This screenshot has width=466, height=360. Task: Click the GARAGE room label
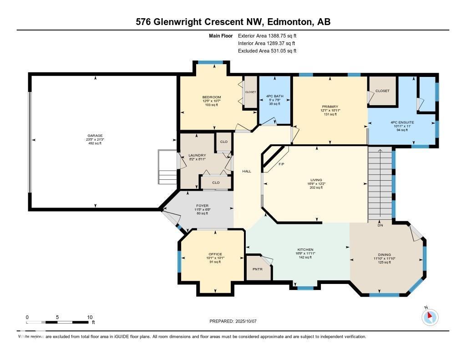(95, 136)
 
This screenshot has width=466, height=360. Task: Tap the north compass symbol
(430, 317)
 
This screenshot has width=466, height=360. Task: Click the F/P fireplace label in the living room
(282, 164)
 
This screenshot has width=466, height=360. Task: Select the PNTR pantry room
(257, 269)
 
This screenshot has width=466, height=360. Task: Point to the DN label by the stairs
(380, 225)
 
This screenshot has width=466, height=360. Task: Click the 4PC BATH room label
(275, 96)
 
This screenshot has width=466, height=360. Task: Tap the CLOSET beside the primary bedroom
(382, 91)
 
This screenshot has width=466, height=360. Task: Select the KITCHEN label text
(305, 250)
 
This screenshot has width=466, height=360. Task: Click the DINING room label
(384, 255)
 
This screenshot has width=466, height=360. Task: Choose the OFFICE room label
(215, 254)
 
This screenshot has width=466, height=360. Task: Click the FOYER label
(203, 206)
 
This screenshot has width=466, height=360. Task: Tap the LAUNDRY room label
(197, 156)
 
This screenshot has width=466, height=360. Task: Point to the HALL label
(247, 171)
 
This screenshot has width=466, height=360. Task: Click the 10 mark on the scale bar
(90, 317)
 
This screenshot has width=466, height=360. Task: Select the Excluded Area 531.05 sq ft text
(267, 51)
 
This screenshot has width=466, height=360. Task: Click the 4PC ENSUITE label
(401, 122)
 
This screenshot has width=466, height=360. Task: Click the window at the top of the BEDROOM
(210, 62)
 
